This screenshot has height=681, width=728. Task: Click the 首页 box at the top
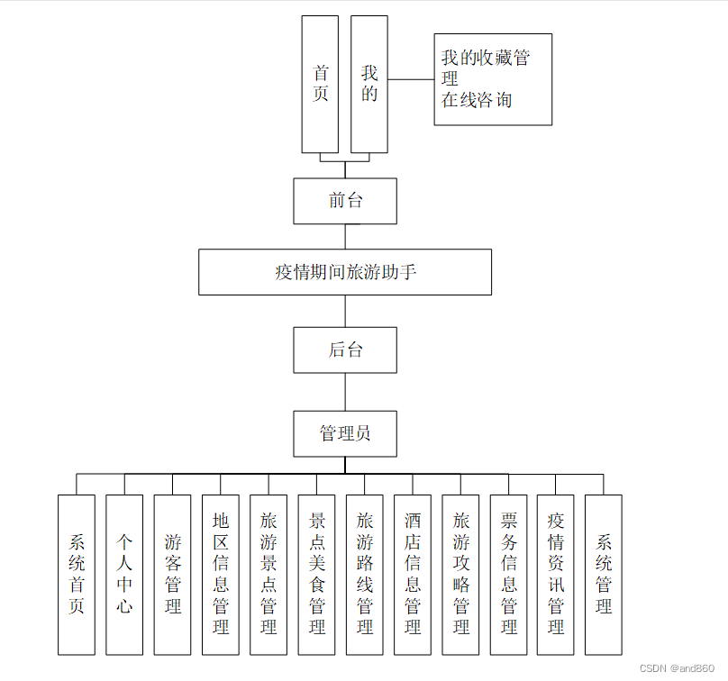[320, 84]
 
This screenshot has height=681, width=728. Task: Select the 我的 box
[369, 84]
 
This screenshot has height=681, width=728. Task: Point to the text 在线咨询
[477, 100]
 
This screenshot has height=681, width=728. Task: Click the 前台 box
[345, 201]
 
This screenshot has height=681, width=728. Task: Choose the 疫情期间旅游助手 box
[345, 272]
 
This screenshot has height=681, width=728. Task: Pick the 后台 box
[345, 350]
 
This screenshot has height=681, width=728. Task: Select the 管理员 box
[345, 433]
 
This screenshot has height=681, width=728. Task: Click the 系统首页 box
[77, 574]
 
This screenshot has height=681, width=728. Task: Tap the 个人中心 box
[124, 574]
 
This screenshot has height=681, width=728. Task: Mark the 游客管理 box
[172, 574]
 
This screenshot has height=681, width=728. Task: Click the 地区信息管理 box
[221, 574]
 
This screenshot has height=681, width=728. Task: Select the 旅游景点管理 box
[268, 574]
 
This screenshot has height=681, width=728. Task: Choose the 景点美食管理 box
[316, 574]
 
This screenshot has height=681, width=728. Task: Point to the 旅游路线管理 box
[364, 574]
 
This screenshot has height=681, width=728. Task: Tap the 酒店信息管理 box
[413, 574]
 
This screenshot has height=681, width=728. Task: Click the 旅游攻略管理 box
[460, 574]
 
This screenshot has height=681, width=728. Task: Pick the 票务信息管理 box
[508, 574]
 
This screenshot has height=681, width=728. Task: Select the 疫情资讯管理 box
[556, 574]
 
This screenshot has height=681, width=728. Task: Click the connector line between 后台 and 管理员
[345, 392]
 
